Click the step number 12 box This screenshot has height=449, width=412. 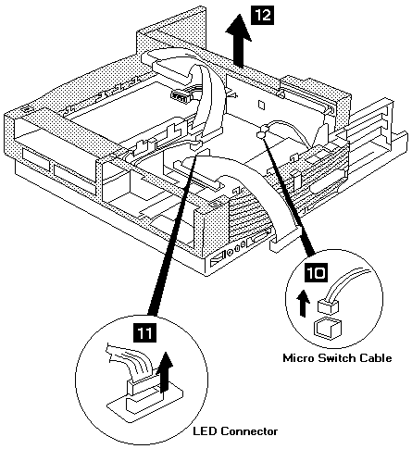tap(263, 16)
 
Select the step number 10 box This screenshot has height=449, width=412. tap(316, 272)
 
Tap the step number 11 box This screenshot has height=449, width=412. tap(144, 332)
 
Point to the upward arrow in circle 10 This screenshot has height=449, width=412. tap(303, 303)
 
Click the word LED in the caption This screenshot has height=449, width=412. tap(205, 431)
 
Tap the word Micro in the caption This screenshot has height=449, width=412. tap(298, 358)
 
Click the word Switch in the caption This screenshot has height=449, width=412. tap(336, 358)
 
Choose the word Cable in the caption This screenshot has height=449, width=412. tap(375, 358)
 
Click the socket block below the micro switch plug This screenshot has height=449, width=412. tap(327, 327)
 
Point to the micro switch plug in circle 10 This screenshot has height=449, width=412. tap(328, 306)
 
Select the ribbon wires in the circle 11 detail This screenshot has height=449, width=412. tap(130, 361)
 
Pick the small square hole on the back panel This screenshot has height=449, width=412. tap(261, 105)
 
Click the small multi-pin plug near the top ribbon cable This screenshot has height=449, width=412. tap(180, 97)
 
